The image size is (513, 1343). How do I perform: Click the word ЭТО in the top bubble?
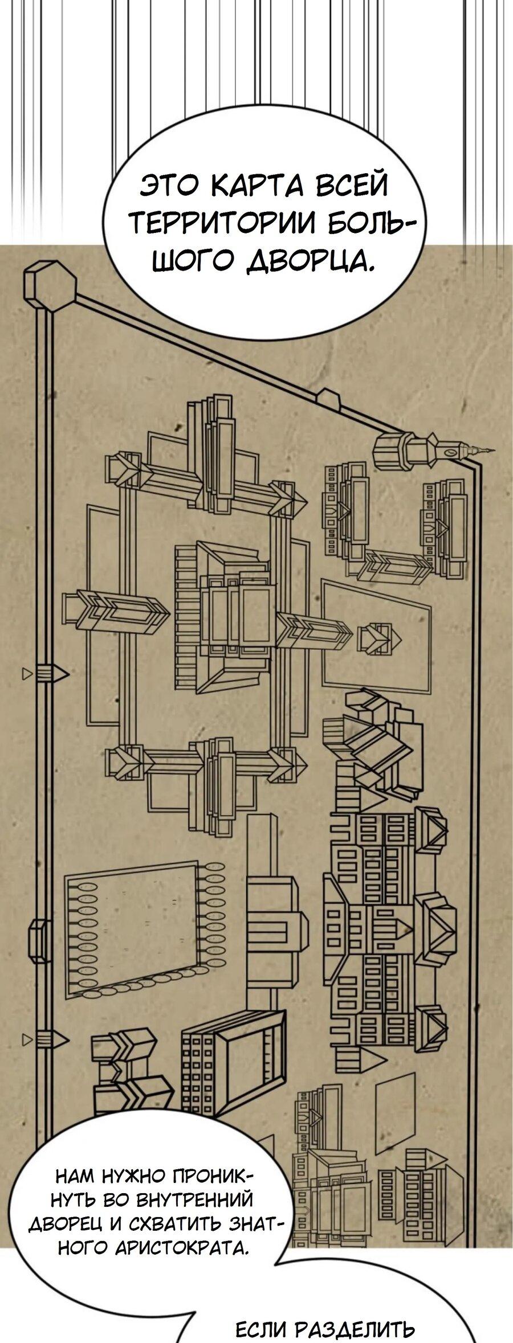168,186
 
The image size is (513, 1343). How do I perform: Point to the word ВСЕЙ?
351,186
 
